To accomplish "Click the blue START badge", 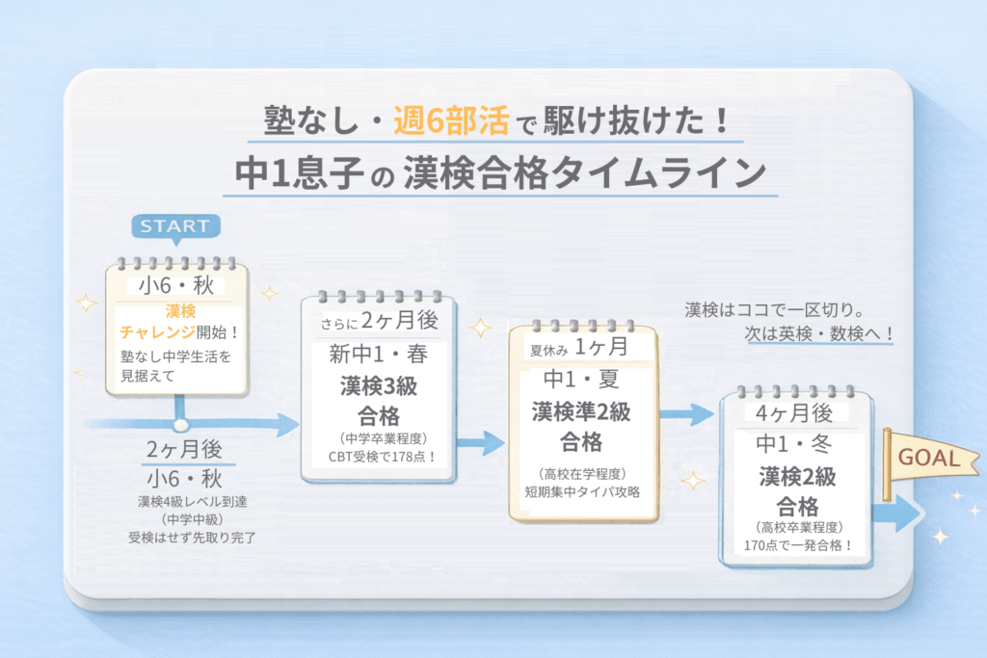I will tap(174, 226).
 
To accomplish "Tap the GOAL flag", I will tap(927, 458).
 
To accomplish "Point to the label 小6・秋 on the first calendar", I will tap(176, 286).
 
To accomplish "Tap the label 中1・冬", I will tap(795, 445).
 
